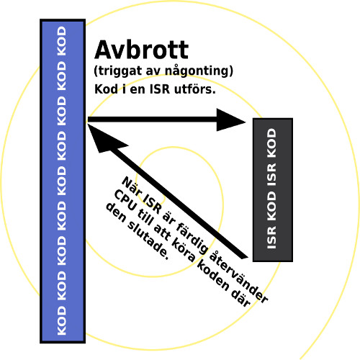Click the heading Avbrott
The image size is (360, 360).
(x=142, y=50)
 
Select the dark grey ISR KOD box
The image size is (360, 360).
(x=273, y=189)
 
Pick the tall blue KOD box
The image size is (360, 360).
(x=63, y=181)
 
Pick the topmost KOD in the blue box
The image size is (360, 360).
(x=62, y=41)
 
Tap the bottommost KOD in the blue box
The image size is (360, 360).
(x=62, y=320)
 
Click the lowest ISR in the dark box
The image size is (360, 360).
(x=271, y=238)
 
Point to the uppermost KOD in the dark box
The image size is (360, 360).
(x=271, y=143)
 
